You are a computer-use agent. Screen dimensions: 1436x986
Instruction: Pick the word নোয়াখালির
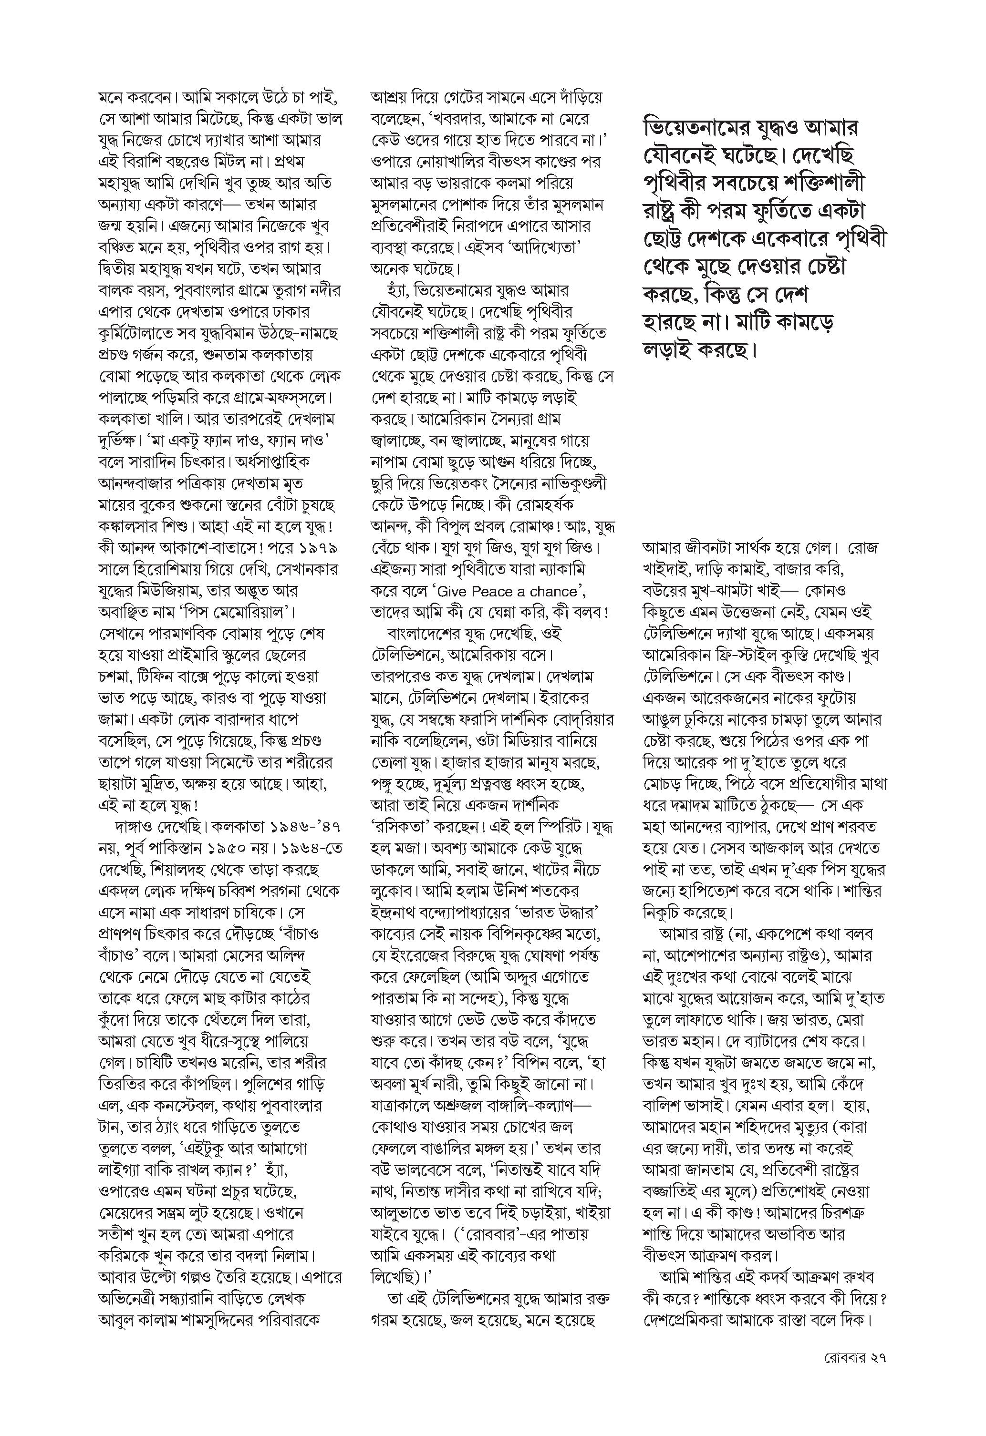click(x=450, y=161)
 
